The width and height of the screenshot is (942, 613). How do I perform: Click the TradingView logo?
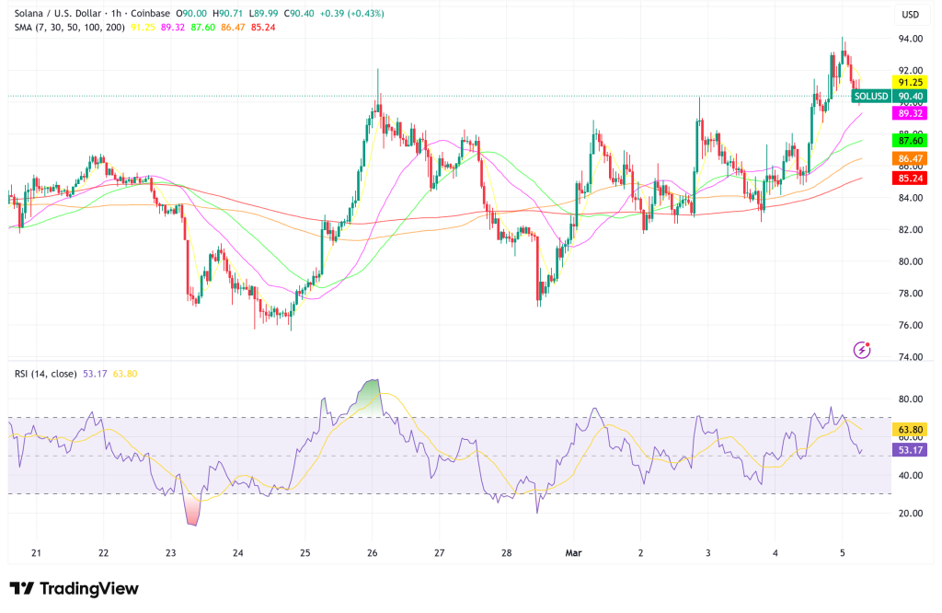coord(74,589)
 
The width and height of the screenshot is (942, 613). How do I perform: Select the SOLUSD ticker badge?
coord(870,96)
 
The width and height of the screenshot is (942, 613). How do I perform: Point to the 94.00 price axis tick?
coord(911,39)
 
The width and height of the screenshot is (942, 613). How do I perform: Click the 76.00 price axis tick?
coord(911,325)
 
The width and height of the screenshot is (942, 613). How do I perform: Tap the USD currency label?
coord(911,14)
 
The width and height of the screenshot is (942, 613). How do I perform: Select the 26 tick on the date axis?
coord(373,553)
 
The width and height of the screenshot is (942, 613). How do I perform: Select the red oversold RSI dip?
coord(192,511)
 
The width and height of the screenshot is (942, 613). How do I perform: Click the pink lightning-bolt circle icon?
coord(863,349)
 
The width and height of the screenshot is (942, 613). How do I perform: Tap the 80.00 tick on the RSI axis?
coord(911,399)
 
